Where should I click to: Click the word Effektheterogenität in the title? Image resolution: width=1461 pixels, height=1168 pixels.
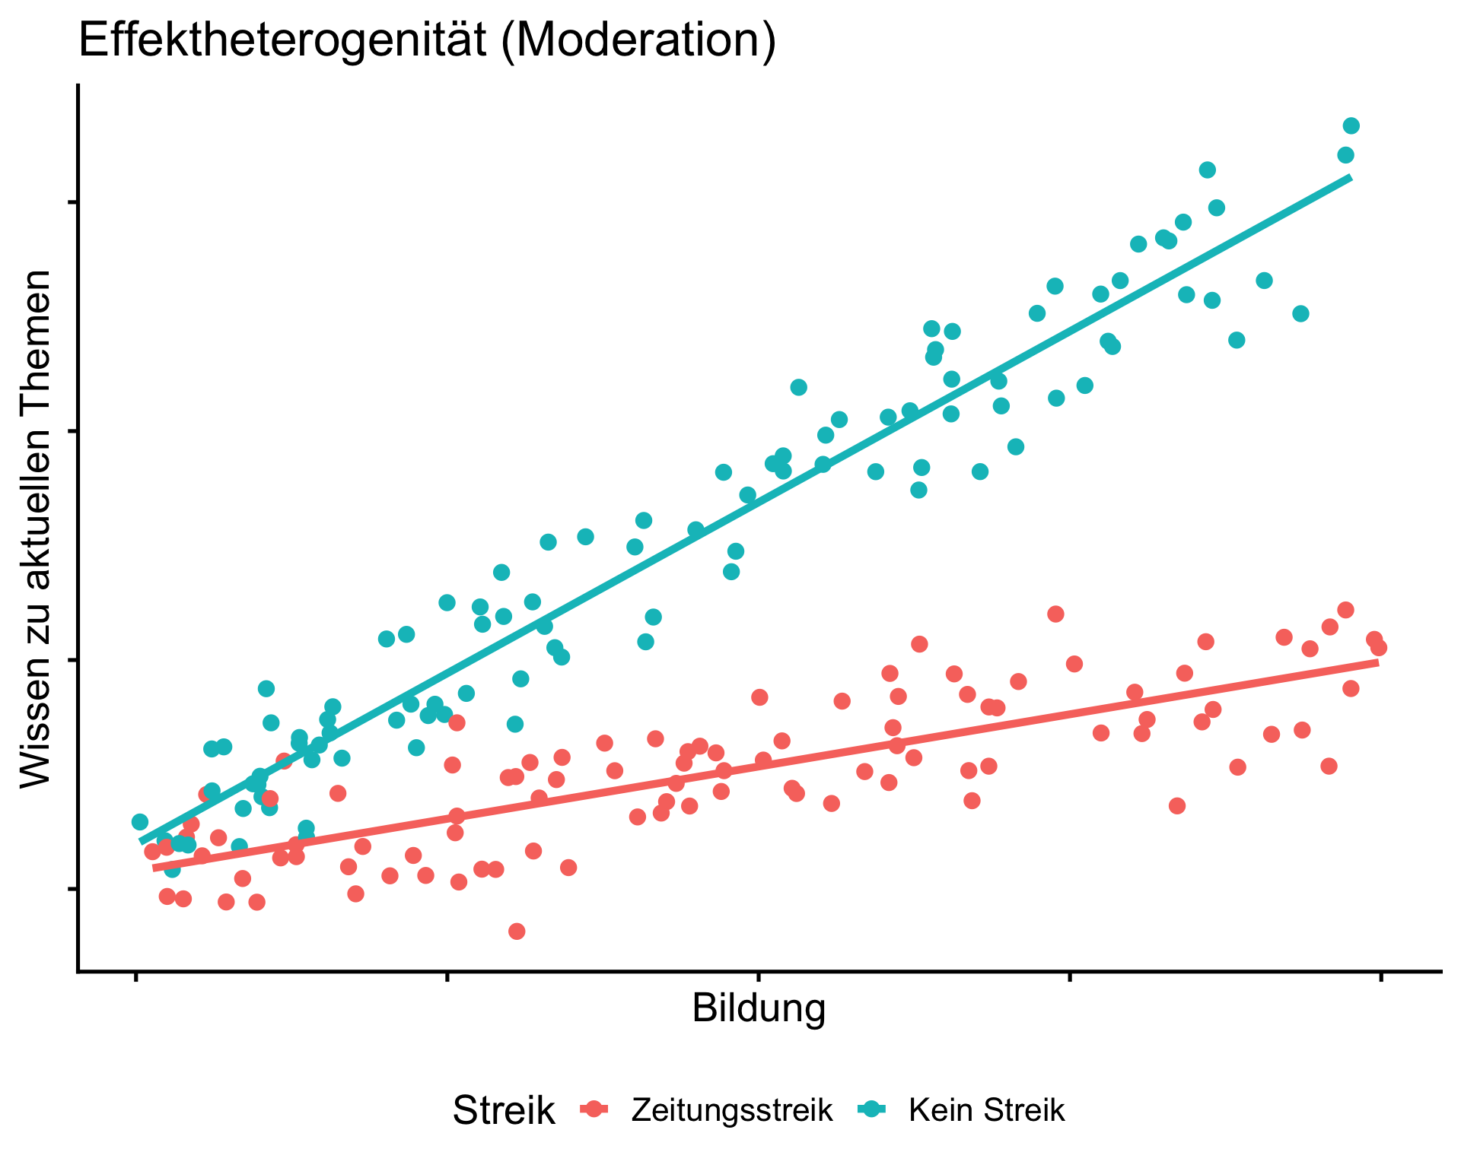pos(282,41)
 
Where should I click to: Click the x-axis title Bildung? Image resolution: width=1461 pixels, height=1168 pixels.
pos(759,1010)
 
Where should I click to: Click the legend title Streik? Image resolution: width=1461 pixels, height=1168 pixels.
pos(503,1111)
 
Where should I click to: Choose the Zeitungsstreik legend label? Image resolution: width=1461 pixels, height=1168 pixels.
pos(732,1111)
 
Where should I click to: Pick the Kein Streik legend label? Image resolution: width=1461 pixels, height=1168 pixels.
pos(986,1111)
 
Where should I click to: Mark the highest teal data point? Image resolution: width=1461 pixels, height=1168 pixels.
pos(1351,126)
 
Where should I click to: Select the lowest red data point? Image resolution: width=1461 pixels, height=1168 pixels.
pos(517,932)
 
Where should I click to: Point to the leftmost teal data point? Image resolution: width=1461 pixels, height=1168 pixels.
pos(140,822)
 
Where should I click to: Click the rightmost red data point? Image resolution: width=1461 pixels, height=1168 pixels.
pos(1379,648)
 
